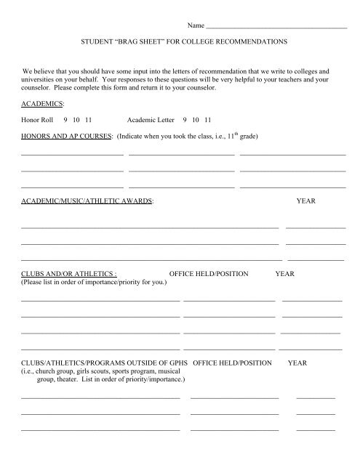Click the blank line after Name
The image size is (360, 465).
tap(277, 26)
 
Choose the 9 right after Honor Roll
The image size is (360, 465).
tap(66, 120)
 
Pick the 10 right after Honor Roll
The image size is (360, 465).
tap(77, 120)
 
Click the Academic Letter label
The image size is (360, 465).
tap(150, 120)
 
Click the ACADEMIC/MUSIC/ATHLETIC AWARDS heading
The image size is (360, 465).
tap(87, 199)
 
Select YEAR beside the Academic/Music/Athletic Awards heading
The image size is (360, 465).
tap(306, 199)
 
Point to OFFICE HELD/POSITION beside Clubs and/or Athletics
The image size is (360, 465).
tap(209, 274)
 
